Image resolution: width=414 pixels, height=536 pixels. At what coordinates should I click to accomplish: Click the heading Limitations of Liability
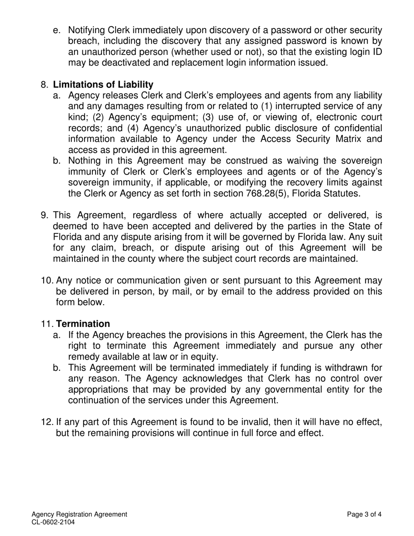pos(103,85)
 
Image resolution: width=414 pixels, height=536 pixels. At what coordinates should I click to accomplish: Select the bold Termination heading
pos(83,324)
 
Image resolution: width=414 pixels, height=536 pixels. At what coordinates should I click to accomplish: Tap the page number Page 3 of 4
pos(364,514)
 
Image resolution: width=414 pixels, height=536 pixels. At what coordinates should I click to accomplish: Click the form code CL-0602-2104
pos(50,522)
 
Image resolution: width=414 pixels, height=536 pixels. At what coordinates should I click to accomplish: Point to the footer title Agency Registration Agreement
pos(79,514)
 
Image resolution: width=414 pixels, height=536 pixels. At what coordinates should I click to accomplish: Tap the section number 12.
pos(47,422)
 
